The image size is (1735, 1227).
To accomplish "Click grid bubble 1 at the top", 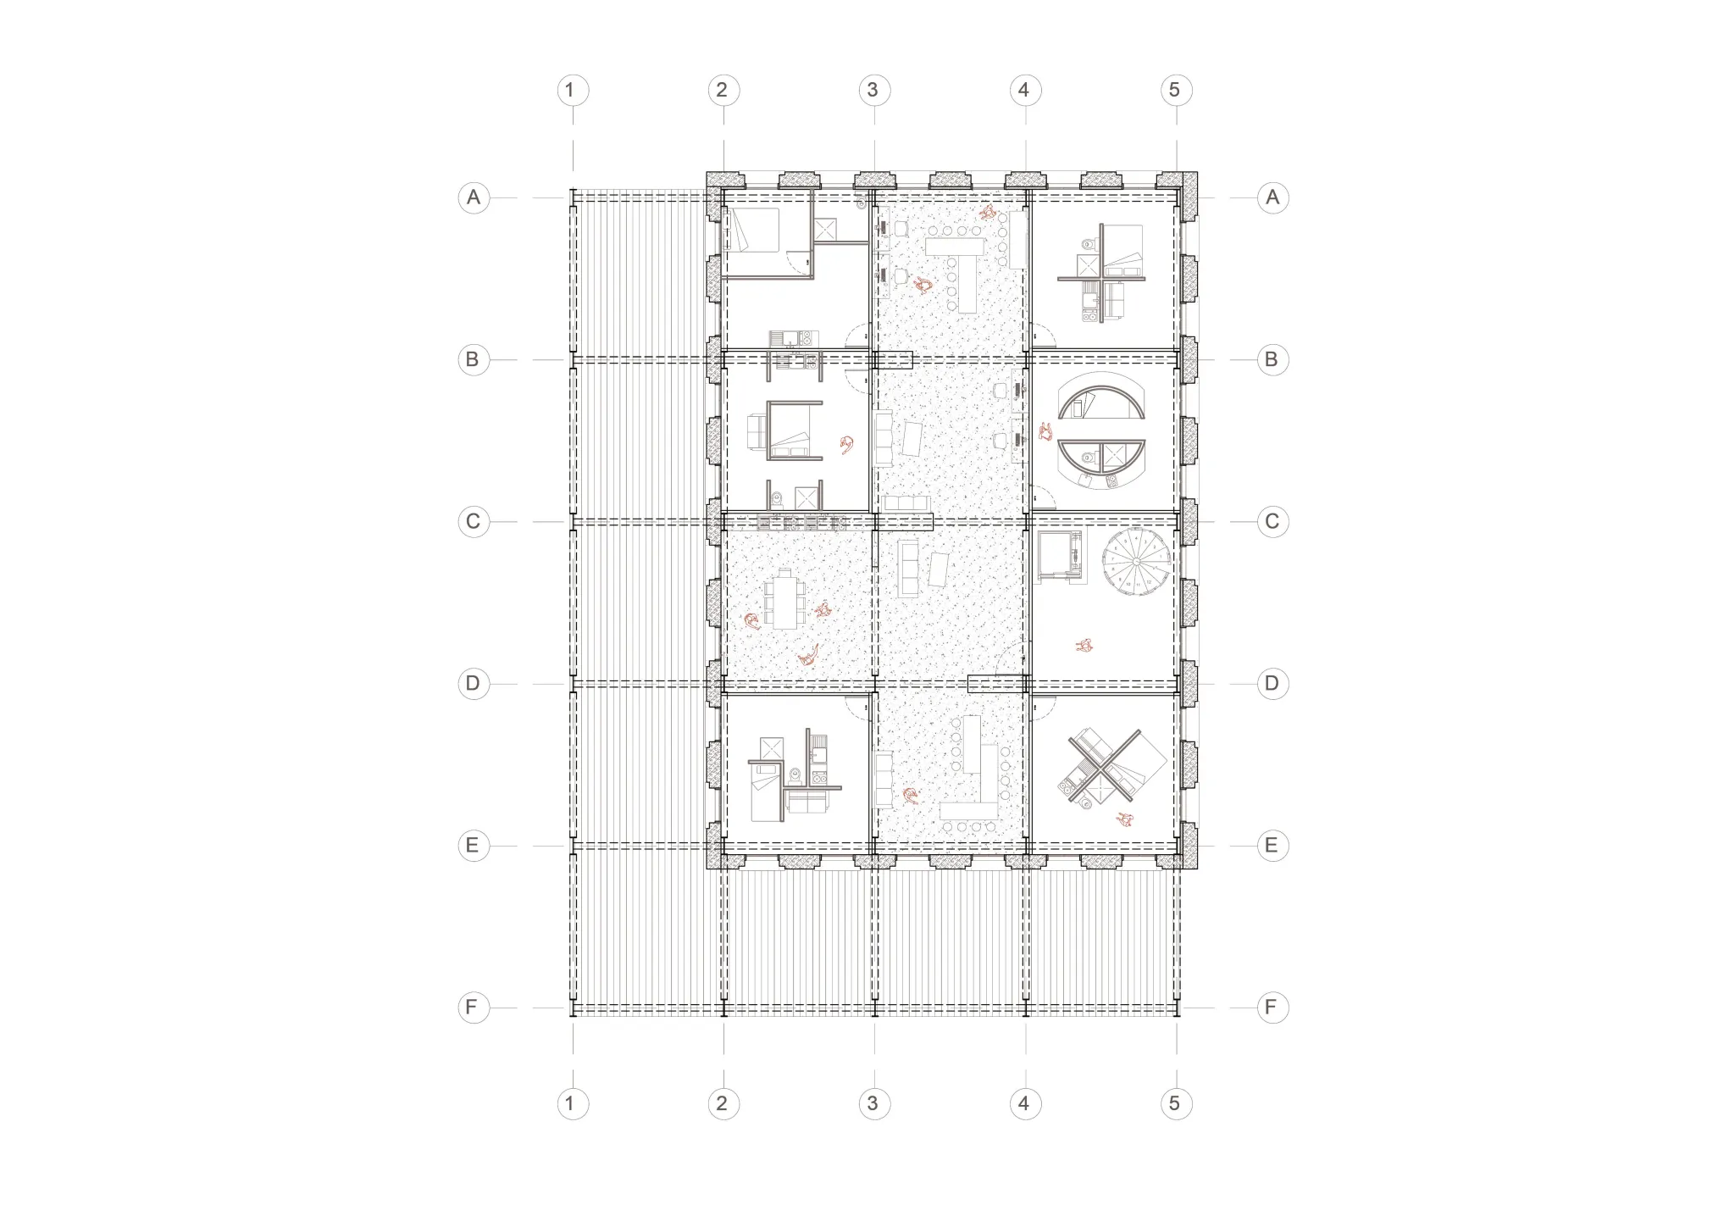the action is coord(572,91).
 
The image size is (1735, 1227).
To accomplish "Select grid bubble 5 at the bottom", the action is coord(1175,1104).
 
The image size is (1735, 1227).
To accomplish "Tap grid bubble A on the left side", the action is coord(474,198).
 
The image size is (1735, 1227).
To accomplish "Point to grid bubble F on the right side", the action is coord(1272,1008).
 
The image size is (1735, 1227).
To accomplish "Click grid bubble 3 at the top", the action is coord(873,91).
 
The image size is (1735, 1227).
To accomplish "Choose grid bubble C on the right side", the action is coord(1272,522).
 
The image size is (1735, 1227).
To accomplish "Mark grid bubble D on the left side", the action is coord(474,684).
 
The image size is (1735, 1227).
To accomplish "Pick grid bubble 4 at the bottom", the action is coord(1024,1104).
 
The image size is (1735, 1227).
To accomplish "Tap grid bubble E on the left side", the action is coord(474,846).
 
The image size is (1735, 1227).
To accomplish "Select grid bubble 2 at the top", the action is coord(723,91).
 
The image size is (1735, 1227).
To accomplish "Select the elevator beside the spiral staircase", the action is coord(1060,556).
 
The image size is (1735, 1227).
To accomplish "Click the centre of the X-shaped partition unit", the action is coord(1102,765).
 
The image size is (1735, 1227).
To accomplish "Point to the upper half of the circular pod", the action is coord(1102,389).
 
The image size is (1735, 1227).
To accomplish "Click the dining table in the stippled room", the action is coord(785,598).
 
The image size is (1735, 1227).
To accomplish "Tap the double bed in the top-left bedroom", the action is coord(755,230).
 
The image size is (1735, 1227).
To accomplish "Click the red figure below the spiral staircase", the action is coord(1084,646).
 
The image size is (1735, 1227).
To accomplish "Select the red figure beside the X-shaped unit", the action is coord(1126,819).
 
